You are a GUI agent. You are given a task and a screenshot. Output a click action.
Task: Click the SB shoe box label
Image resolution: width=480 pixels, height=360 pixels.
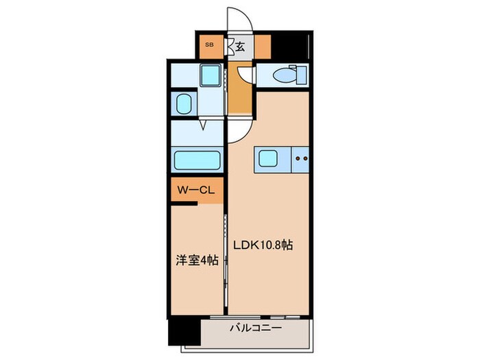coord(208,46)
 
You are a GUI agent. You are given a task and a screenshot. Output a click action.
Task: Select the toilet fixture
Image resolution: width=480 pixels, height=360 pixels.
coord(287,74)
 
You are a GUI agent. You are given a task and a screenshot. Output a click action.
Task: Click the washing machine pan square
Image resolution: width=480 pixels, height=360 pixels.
coord(209,75)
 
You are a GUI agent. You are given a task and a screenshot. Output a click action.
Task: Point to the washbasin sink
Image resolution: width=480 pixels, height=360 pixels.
coord(184,104)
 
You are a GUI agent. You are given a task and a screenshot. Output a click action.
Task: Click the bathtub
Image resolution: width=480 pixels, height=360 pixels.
coord(196,160)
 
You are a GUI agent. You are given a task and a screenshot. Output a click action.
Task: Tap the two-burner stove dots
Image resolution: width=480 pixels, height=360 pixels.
coord(300,158)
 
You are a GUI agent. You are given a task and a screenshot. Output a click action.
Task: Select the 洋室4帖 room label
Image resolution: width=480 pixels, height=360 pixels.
coord(197,261)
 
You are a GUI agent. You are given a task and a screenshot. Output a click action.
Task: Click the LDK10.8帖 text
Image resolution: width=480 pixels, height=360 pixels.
coord(263,245)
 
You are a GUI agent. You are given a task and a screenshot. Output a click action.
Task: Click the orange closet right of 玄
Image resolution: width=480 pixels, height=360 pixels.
coord(263,46)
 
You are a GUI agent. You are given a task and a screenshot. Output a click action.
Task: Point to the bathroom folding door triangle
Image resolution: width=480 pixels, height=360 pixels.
coord(205,125)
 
